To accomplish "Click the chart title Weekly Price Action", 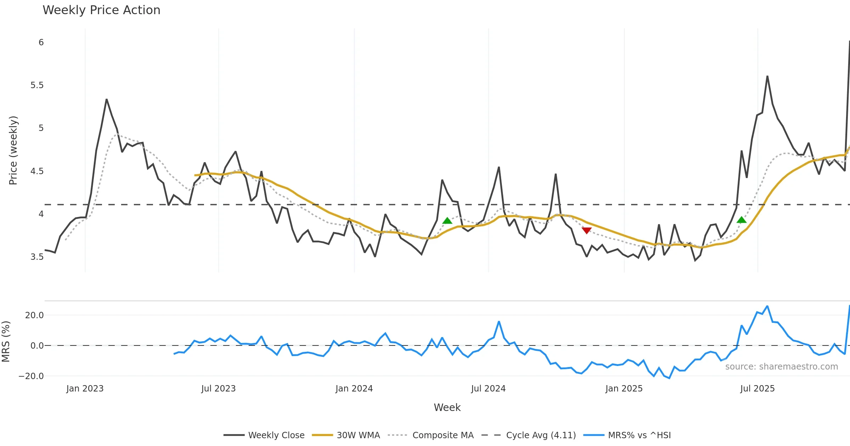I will click(x=101, y=10).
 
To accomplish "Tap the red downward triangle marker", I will click(x=586, y=230).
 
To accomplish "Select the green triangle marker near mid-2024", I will click(x=447, y=221).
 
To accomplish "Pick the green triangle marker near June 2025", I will click(x=741, y=220).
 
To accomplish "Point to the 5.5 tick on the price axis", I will click(x=37, y=85).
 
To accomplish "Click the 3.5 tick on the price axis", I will click(x=37, y=257).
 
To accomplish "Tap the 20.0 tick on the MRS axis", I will click(x=34, y=315).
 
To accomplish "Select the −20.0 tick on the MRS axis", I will click(x=31, y=376).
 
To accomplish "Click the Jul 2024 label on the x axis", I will click(x=488, y=389).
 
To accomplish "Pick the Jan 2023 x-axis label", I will click(x=85, y=389).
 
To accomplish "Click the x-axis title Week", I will click(x=447, y=407).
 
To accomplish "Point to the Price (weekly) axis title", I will click(x=13, y=150).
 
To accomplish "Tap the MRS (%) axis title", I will click(x=6, y=341).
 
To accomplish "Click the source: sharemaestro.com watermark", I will click(x=781, y=367).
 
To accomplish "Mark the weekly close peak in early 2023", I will click(x=106, y=99).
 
